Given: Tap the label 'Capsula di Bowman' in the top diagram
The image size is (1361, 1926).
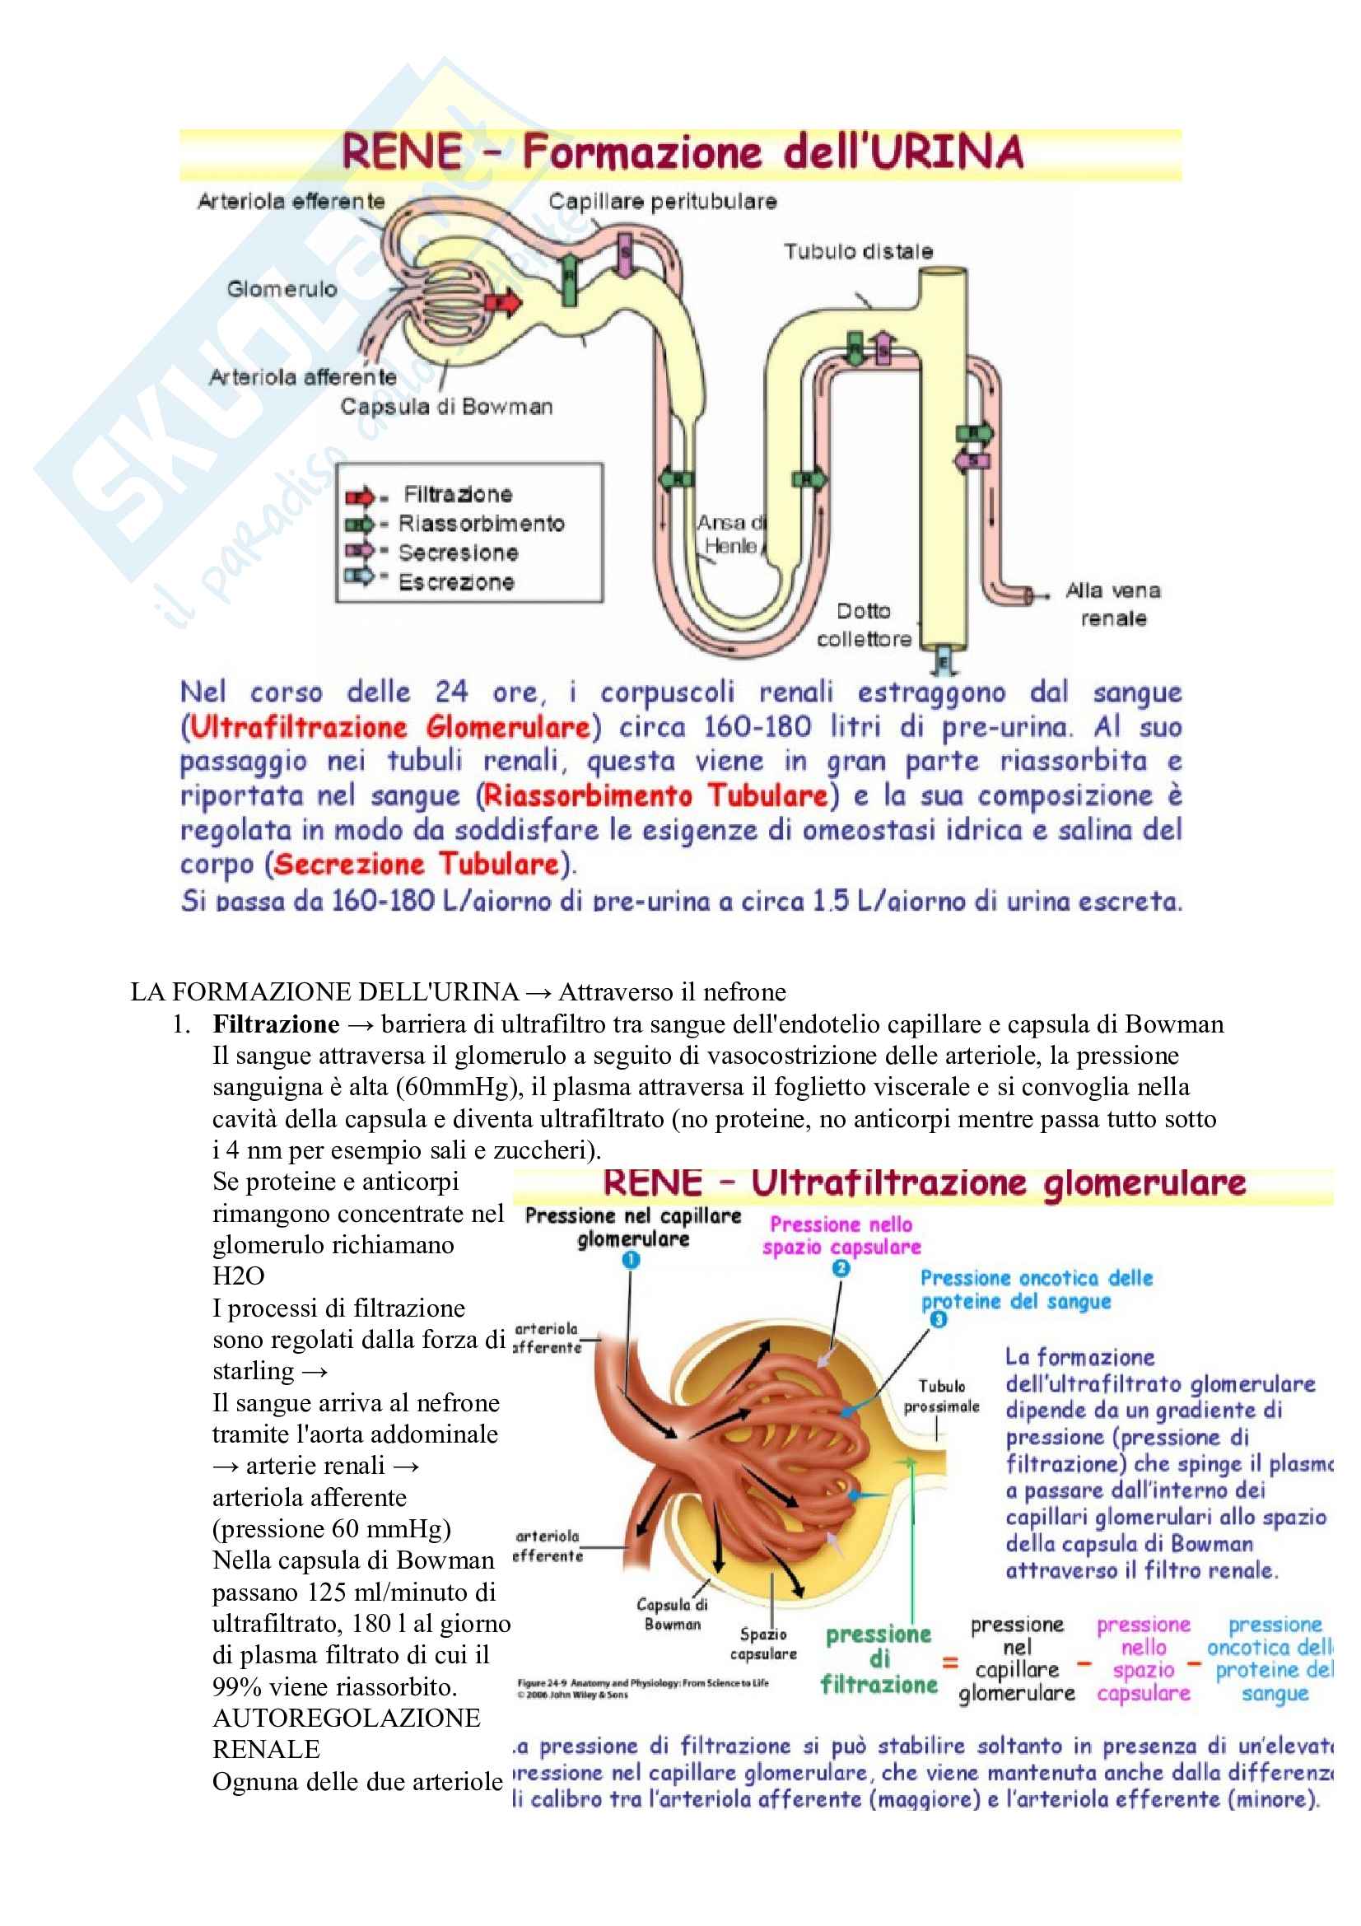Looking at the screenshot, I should (446, 407).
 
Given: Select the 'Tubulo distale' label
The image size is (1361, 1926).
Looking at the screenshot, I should (858, 251).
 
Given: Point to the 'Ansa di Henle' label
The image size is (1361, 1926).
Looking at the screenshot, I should (730, 534).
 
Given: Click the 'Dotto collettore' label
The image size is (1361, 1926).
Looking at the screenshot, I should (865, 625).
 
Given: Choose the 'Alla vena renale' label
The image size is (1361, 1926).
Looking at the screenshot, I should (1113, 604).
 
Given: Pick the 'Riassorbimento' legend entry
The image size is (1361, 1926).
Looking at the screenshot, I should (481, 524).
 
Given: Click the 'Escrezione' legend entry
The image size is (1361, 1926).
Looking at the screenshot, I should (455, 582).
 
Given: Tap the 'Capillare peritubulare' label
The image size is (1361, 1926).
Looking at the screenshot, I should (663, 201).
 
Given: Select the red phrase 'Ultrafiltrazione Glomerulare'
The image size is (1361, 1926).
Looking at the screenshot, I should (391, 726).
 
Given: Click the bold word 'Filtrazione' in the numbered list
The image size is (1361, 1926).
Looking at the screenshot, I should (276, 1024).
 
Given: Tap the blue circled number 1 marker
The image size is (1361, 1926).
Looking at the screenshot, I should (632, 1260).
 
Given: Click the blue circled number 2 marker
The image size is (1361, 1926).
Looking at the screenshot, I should (841, 1268).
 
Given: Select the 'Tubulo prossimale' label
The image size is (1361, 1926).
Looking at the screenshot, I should (941, 1397).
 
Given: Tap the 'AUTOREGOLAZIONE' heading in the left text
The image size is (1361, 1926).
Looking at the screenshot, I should (347, 1718).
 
